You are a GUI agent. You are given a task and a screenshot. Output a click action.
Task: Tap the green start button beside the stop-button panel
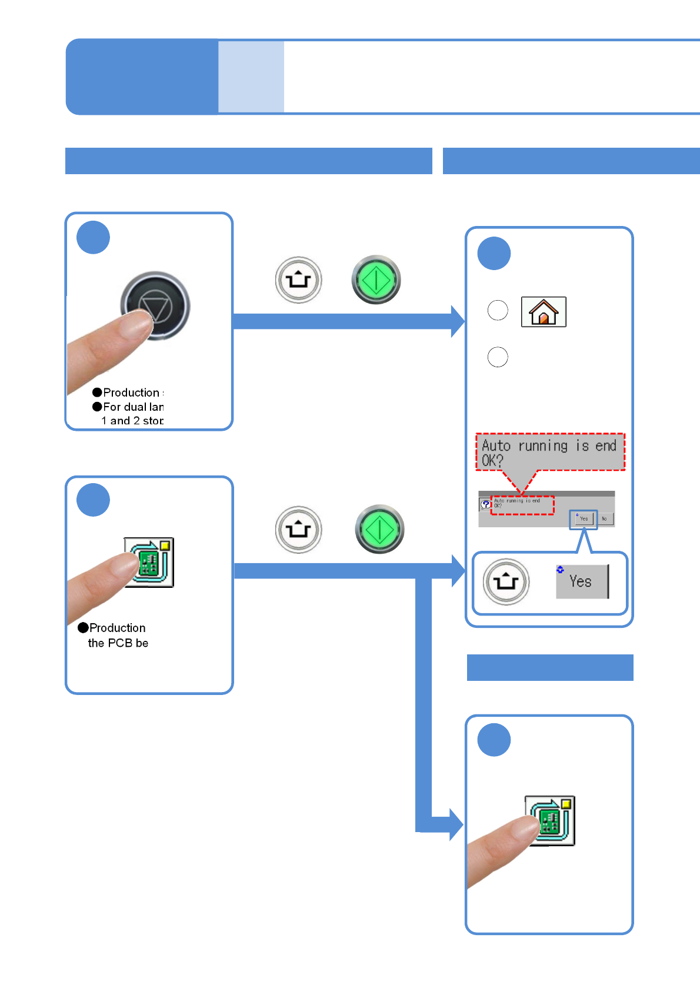376,280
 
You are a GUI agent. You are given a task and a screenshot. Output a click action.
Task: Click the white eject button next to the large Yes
506,581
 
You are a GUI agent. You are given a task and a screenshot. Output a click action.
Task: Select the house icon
544,312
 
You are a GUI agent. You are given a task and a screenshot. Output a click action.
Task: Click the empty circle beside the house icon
498,310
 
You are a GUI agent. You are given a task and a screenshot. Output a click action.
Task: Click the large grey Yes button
581,581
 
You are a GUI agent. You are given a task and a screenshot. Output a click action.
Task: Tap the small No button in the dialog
604,518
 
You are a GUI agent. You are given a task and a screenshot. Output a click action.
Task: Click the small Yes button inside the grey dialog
584,518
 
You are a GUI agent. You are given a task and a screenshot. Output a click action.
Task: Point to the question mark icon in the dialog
485,504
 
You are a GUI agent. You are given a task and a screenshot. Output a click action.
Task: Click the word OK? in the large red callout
492,460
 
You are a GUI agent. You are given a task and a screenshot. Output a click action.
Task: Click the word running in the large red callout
543,445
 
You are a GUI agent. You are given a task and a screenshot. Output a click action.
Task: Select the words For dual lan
134,407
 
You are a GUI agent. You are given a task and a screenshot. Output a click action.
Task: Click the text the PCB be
118,643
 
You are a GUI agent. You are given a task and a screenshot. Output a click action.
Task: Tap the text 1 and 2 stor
132,421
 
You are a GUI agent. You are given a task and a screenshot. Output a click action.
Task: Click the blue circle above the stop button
93,237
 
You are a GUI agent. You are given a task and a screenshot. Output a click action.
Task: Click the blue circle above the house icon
494,253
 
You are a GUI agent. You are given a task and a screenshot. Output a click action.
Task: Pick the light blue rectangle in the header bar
251,77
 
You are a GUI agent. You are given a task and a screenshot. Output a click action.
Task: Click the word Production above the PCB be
118,628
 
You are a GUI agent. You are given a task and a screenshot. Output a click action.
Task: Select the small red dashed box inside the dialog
522,505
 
